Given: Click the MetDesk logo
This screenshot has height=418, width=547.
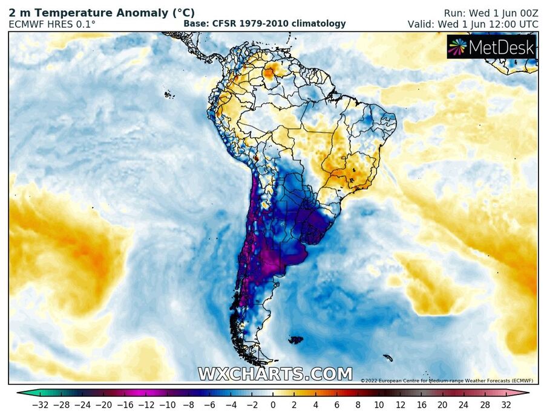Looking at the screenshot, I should (491, 47).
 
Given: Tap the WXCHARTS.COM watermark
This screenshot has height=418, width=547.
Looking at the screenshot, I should (275, 374).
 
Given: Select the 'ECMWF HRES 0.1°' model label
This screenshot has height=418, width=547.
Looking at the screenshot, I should (52, 24).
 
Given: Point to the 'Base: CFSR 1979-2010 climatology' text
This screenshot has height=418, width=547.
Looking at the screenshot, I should (264, 24).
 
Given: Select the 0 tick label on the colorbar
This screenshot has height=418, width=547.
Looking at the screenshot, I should (273, 404).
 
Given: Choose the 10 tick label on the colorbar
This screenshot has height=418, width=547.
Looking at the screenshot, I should (379, 404).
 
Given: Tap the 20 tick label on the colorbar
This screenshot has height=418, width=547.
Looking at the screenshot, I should (442, 404).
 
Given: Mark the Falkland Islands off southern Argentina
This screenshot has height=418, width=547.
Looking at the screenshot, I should (295, 340).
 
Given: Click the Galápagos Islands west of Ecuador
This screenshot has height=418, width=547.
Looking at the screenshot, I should (169, 94).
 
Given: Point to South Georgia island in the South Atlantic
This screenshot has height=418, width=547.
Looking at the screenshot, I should (387, 358).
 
